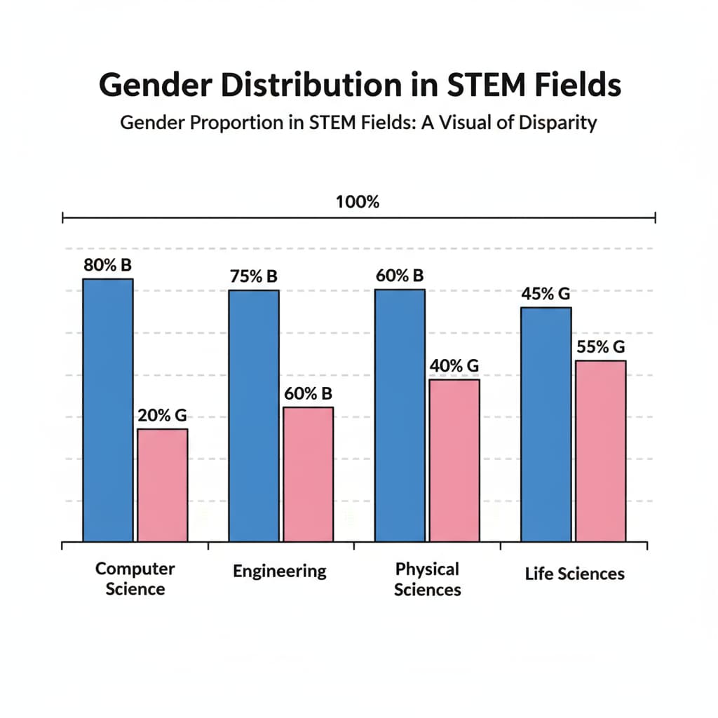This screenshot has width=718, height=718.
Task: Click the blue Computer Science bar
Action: pos(108,410)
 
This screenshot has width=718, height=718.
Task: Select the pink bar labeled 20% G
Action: pos(162,485)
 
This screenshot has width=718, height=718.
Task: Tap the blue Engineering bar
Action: pos(254,416)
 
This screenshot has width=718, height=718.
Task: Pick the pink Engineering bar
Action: pos(308,474)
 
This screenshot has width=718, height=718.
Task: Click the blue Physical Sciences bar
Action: pos(400,415)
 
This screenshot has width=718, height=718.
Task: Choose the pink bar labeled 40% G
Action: pos(454,460)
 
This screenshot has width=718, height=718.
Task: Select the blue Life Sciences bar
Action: pos(546,424)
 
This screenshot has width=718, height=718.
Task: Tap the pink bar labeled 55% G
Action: pos(600,451)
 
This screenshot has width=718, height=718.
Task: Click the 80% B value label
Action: pos(108,266)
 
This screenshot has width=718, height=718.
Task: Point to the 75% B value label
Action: pos(254,276)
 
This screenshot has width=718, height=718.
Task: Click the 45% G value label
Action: pos(546,294)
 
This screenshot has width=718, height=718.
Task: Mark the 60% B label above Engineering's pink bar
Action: pos(308,393)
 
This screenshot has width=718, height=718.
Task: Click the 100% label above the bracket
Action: pos(358,203)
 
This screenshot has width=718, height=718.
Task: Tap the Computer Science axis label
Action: pos(135,578)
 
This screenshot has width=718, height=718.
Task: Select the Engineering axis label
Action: pos(280,571)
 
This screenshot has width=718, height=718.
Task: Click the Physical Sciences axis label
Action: pos(427,578)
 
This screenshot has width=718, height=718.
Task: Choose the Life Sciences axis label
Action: pos(574,574)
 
